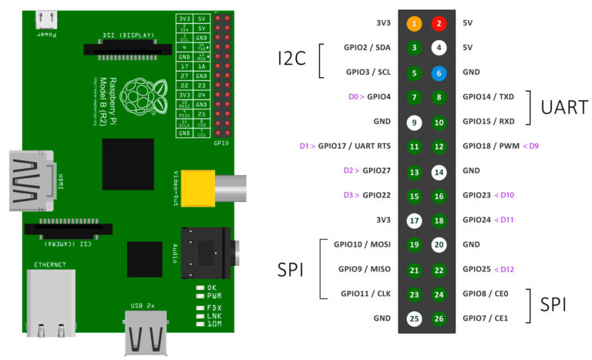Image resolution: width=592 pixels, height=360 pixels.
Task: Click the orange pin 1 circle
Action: (415, 23)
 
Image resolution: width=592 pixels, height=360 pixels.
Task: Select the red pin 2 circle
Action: (439, 23)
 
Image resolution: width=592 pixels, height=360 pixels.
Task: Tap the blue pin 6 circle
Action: (439, 72)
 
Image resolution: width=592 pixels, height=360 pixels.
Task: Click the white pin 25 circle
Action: (415, 318)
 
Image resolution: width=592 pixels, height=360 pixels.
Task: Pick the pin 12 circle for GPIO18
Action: (439, 146)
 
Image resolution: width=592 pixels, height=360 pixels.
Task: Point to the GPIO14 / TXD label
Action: (488, 97)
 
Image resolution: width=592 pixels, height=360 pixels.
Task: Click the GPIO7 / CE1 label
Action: (483, 318)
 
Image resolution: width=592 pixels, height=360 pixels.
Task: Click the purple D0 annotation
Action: (354, 97)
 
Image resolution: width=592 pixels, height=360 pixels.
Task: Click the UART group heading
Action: (565, 108)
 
